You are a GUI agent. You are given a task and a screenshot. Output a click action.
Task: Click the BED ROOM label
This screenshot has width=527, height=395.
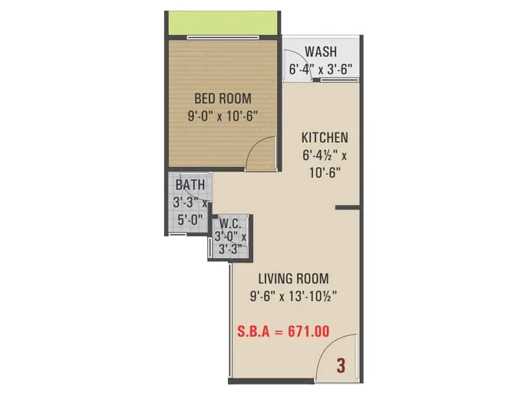coord(223,99)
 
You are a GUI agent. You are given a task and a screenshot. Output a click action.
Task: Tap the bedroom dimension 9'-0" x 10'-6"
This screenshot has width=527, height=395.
coord(222,117)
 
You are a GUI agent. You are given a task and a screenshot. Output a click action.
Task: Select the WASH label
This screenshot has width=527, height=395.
coord(321,51)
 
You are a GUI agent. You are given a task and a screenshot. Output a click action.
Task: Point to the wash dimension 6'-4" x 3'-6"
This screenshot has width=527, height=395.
coord(321,68)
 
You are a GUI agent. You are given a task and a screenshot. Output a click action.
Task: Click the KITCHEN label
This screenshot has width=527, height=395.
coord(324,138)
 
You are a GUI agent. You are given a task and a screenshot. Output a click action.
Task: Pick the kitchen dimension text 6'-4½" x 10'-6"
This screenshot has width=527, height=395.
coord(324,165)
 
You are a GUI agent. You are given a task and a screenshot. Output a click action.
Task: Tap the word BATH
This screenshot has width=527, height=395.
coord(190,185)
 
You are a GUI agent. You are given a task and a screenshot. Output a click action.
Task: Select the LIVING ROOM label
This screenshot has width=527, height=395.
coord(294,278)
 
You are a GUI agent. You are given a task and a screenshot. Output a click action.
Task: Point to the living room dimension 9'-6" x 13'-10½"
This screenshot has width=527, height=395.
coord(294,296)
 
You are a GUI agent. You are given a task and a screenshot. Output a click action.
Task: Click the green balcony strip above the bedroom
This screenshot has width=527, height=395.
coord(222,24)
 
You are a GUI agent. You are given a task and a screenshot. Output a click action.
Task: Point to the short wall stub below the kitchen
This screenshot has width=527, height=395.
coord(347,207)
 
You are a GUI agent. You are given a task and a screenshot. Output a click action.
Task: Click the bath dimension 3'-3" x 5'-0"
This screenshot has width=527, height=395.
coord(190,210)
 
